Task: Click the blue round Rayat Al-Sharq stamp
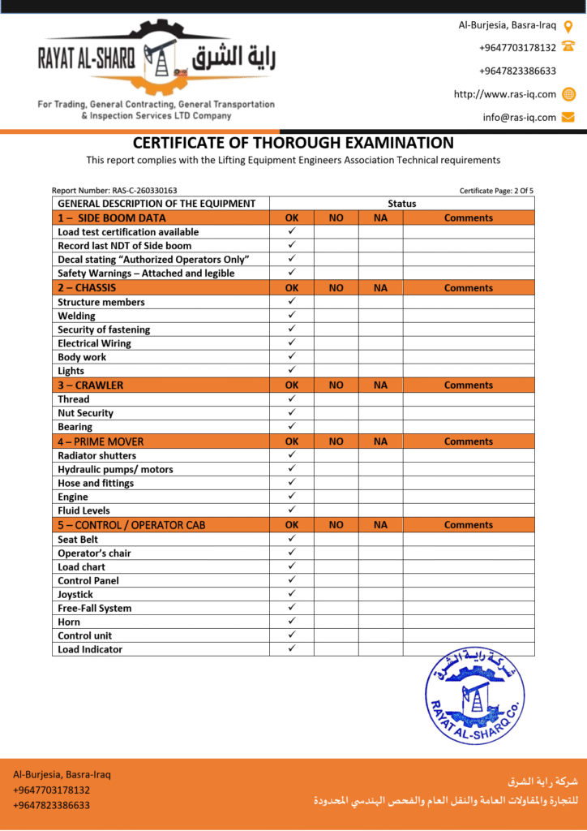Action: [x=474, y=696]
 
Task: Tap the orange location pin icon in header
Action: [x=568, y=26]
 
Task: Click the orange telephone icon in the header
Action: [x=568, y=47]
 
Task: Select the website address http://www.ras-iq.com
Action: [x=505, y=94]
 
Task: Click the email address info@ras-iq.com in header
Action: [x=520, y=117]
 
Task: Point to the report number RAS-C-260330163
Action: [x=114, y=191]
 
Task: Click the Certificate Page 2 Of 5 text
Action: [x=496, y=191]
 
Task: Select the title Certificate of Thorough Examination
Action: [x=293, y=143]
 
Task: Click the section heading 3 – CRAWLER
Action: [x=91, y=385]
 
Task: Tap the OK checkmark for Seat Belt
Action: [x=292, y=539]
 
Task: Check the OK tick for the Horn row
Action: [x=292, y=622]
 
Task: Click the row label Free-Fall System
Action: [x=94, y=608]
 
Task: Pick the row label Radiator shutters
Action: [x=96, y=455]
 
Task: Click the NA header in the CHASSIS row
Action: [x=380, y=288]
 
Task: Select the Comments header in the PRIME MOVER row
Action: [x=468, y=441]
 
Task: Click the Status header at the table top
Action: [x=401, y=204]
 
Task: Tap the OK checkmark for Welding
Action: [x=292, y=316]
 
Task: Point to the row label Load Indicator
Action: [x=90, y=649]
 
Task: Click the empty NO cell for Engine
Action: [x=336, y=497]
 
